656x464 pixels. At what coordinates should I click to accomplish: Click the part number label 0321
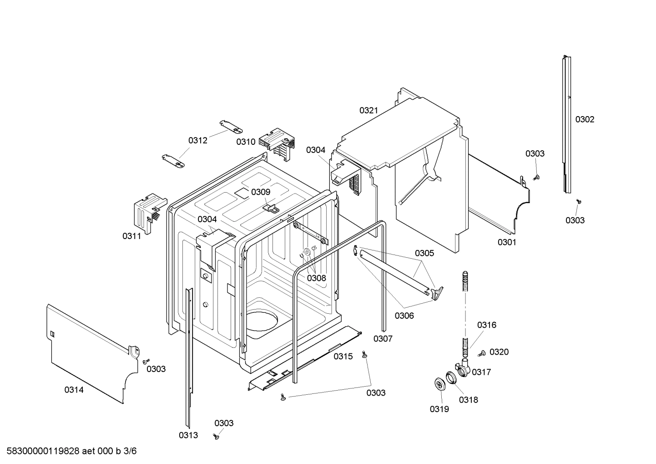pyautogui.click(x=368, y=110)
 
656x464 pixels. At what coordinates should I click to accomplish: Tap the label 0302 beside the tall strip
pyautogui.click(x=585, y=119)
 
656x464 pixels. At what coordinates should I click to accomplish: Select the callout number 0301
pyautogui.click(x=507, y=242)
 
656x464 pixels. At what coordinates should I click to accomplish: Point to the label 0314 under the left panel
pyautogui.click(x=74, y=390)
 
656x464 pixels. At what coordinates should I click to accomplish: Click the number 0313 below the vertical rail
pyautogui.click(x=188, y=435)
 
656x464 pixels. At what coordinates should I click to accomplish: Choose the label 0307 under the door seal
pyautogui.click(x=383, y=338)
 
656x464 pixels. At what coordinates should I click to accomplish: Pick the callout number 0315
pyautogui.click(x=343, y=357)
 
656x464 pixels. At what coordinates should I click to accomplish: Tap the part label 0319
pyautogui.click(x=439, y=409)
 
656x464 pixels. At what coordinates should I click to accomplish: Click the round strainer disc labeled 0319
pyautogui.click(x=439, y=384)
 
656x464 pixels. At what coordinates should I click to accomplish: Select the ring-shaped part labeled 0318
pyautogui.click(x=451, y=377)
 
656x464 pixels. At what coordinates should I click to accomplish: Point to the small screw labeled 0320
pyautogui.click(x=482, y=353)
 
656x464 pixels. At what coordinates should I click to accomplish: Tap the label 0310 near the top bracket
pyautogui.click(x=246, y=142)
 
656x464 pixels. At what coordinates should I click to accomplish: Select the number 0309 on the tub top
pyautogui.click(x=261, y=192)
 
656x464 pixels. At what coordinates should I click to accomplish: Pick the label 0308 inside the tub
pyautogui.click(x=316, y=278)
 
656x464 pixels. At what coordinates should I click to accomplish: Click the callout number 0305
pyautogui.click(x=424, y=253)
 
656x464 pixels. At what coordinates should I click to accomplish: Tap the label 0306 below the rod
pyautogui.click(x=404, y=315)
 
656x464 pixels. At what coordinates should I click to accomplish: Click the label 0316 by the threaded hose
pyautogui.click(x=486, y=325)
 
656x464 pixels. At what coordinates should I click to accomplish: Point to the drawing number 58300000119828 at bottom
pyautogui.click(x=41, y=451)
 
